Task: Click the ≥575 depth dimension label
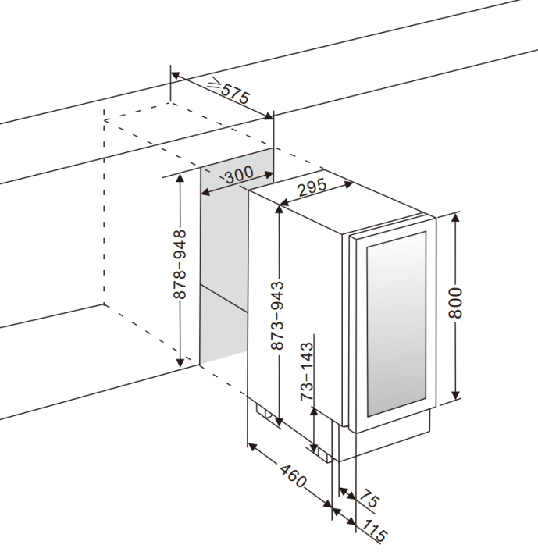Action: coord(228,92)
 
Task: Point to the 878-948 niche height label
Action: coord(180,265)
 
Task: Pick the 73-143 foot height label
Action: coord(308,370)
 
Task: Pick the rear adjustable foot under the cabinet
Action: coord(265,415)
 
